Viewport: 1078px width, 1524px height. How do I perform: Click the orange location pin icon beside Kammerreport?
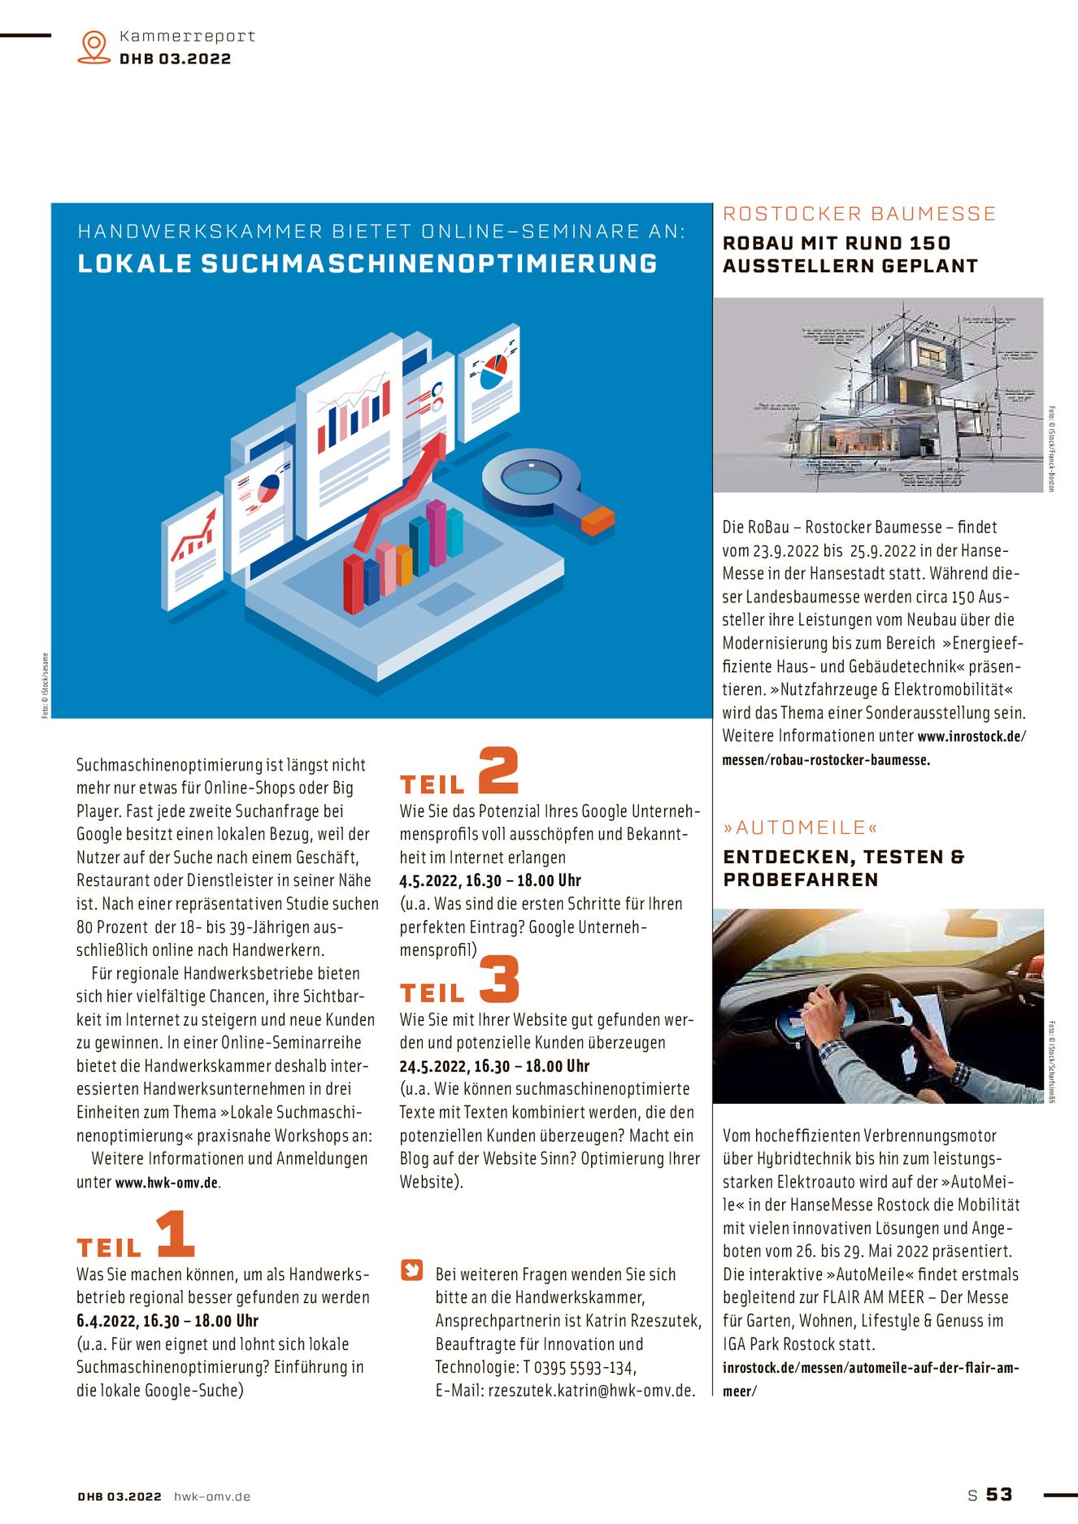94,46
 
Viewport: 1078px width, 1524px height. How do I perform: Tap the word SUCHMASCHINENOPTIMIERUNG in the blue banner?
429,264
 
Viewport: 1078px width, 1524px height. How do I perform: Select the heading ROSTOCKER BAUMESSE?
859,214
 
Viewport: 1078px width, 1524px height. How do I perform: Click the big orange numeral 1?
176,1234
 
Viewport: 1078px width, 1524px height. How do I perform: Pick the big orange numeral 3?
499,979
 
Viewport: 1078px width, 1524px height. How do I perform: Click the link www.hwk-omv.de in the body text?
167,1183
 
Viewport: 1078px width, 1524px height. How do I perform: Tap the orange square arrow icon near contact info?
413,1270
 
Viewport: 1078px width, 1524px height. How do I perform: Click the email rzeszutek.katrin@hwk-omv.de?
591,1391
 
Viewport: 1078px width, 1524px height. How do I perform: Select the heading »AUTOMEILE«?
801,827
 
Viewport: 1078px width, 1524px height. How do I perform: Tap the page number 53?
999,1494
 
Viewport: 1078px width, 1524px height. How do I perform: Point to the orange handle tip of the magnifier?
598,520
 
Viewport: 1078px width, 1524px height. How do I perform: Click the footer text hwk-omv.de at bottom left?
212,1496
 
